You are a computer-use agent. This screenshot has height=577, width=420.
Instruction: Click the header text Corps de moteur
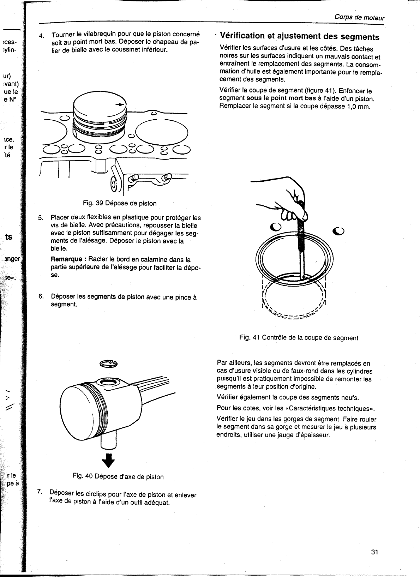pos(359,18)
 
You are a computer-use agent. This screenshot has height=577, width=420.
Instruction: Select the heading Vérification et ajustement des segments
pos(299,36)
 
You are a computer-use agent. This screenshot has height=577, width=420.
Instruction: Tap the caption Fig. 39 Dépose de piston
pos(120,203)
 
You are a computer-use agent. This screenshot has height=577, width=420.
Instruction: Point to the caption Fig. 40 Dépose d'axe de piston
pos(118,477)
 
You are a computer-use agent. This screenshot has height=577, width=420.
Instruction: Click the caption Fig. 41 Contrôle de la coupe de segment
pos(299,338)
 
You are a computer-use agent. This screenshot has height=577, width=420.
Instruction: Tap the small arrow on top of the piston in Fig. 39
pos(120,104)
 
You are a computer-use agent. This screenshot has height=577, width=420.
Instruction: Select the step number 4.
pos(42,35)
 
